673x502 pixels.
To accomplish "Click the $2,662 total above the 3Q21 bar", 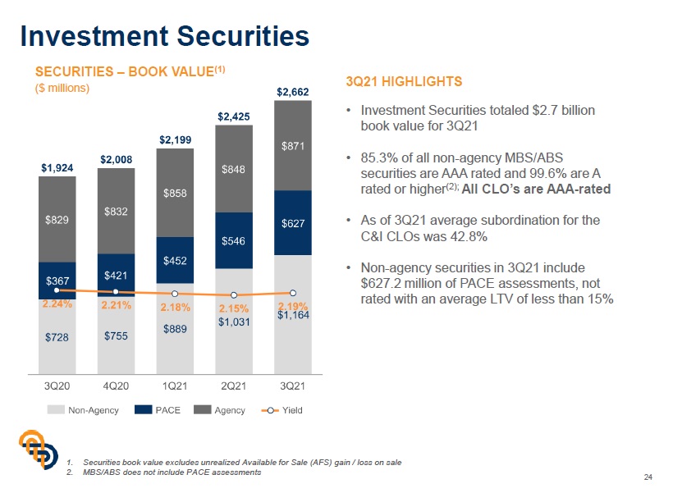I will (292, 92).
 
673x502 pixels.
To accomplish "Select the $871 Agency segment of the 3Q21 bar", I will (292, 146).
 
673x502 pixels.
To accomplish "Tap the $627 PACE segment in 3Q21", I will (292, 223).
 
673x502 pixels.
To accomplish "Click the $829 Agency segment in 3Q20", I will (57, 220).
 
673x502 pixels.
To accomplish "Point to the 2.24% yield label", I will (57, 304).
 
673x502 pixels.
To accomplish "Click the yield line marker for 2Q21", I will (234, 295).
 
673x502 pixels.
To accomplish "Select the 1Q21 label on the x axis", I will (175, 386).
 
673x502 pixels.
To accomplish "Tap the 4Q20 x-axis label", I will (116, 386).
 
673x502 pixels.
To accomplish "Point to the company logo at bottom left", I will (39, 453).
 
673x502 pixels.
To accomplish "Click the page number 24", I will (648, 478).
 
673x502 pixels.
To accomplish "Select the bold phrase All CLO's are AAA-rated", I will (537, 188).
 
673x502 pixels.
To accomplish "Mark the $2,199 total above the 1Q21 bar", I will (175, 140).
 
